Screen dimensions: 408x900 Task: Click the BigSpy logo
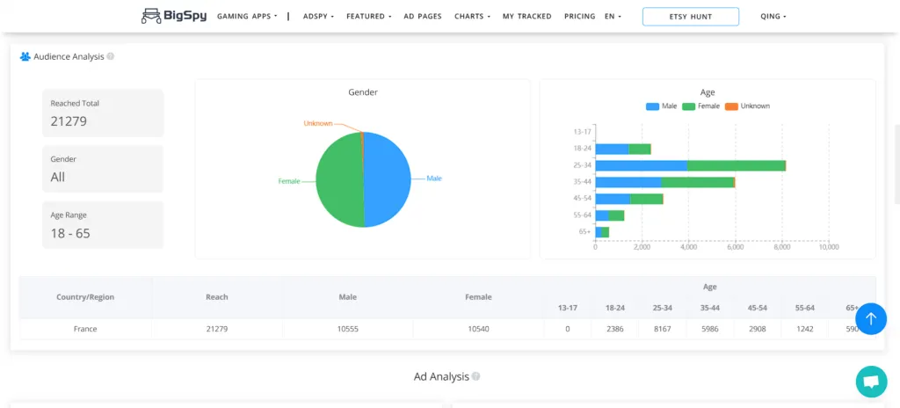(173, 16)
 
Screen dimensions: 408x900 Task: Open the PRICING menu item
(579, 17)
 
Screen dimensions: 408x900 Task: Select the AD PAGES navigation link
(423, 17)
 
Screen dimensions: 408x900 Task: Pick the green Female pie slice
(338, 180)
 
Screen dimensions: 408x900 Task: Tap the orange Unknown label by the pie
(318, 123)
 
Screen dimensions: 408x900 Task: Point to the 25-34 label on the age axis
(582, 164)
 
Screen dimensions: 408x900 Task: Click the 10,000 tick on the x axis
(828, 247)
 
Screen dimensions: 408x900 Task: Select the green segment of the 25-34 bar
(736, 164)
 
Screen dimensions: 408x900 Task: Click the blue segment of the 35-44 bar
(628, 182)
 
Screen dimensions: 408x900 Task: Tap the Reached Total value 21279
(69, 121)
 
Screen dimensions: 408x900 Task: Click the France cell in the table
(85, 329)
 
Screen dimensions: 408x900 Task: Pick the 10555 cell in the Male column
(348, 329)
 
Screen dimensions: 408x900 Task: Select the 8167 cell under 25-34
(663, 329)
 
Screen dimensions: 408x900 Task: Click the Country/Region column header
(85, 297)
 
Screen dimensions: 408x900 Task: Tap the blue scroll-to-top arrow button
(871, 319)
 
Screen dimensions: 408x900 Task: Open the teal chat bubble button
(871, 382)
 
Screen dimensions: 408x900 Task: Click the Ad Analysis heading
(441, 376)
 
